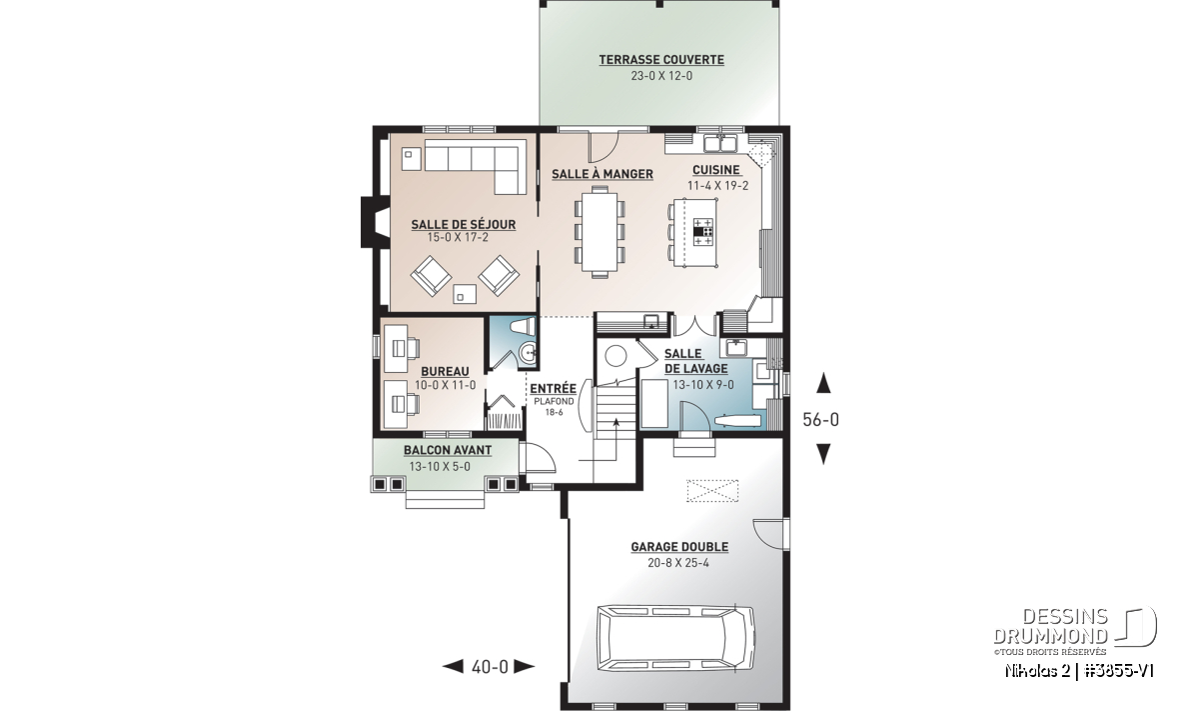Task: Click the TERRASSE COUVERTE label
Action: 661,60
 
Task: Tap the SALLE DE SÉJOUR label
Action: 463,224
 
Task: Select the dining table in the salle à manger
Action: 600,232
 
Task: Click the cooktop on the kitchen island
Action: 703,231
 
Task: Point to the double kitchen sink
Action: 720,144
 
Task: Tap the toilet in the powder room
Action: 522,326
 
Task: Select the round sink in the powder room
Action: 528,353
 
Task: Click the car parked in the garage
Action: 676,638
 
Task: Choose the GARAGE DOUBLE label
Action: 679,547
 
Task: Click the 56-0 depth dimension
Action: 820,420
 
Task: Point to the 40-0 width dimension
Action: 490,667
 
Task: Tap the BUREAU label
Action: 445,371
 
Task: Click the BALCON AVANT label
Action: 448,450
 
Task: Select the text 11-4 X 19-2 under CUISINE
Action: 717,186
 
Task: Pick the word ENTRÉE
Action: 553,388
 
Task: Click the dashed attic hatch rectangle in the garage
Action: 712,491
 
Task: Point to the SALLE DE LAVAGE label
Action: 695,361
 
